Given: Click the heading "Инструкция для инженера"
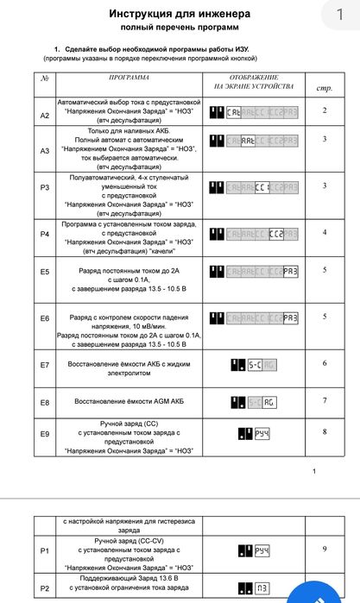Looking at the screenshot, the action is tap(180, 14).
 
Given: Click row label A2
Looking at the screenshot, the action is tap(45, 115).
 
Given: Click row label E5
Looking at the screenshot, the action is tap(45, 271).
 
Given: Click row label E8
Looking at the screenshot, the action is tap(45, 403).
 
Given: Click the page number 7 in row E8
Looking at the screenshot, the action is tap(325, 400).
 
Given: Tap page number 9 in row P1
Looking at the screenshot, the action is tap(325, 549).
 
